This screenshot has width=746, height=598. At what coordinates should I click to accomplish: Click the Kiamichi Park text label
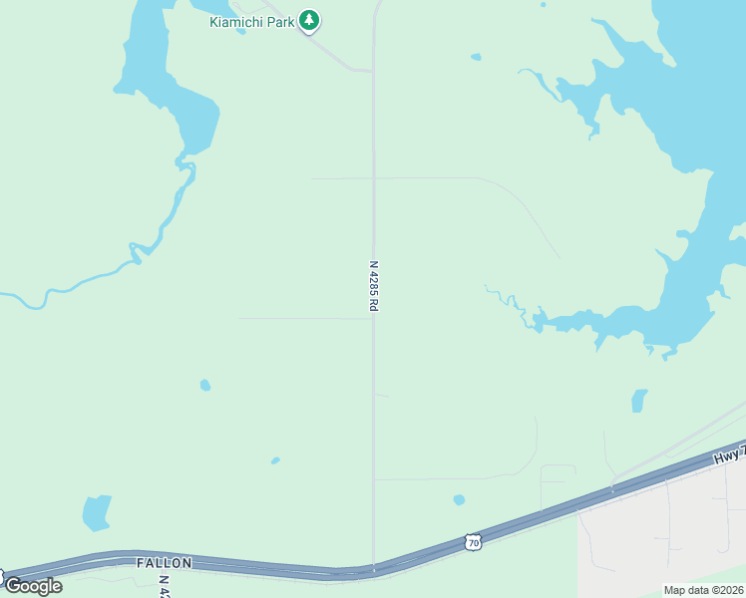click(251, 22)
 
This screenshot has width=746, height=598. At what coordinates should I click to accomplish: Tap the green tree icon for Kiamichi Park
click(309, 20)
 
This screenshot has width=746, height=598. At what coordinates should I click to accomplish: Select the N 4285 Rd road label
click(374, 287)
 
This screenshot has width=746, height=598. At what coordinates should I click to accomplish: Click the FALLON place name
click(164, 563)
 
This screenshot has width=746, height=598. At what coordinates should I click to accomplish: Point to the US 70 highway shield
click(473, 540)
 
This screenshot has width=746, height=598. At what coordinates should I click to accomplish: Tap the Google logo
click(33, 585)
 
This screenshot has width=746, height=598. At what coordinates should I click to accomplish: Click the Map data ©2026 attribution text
click(704, 590)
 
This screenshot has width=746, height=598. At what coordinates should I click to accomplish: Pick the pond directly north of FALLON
click(96, 512)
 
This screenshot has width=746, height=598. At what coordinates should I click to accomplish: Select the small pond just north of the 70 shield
click(459, 499)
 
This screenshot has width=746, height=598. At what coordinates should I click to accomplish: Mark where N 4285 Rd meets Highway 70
click(374, 569)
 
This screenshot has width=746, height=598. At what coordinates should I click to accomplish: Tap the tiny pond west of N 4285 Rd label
click(205, 385)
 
